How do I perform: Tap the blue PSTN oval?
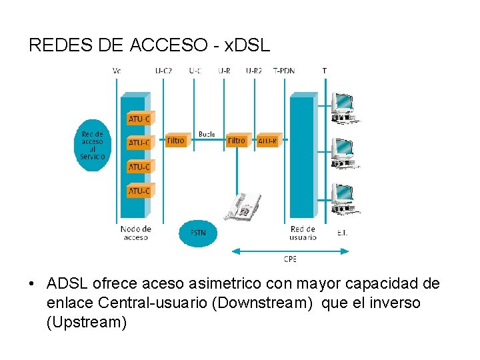pos(198,233)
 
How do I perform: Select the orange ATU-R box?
pos(268,141)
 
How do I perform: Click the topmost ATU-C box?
pos(139,119)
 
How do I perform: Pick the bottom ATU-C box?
pos(139,191)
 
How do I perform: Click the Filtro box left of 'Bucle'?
pos(175,141)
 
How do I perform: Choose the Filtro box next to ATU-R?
pos(237,141)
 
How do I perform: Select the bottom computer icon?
pos(343,198)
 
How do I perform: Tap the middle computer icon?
pos(343,153)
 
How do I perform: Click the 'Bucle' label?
pos(207,134)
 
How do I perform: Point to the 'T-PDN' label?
pos(284,71)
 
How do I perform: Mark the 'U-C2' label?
pos(163,71)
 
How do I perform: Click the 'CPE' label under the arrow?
pos(290,259)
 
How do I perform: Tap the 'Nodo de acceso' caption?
pos(136,233)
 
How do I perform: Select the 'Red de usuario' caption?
pos(303,233)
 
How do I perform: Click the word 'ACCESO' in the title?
pos(169,45)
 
